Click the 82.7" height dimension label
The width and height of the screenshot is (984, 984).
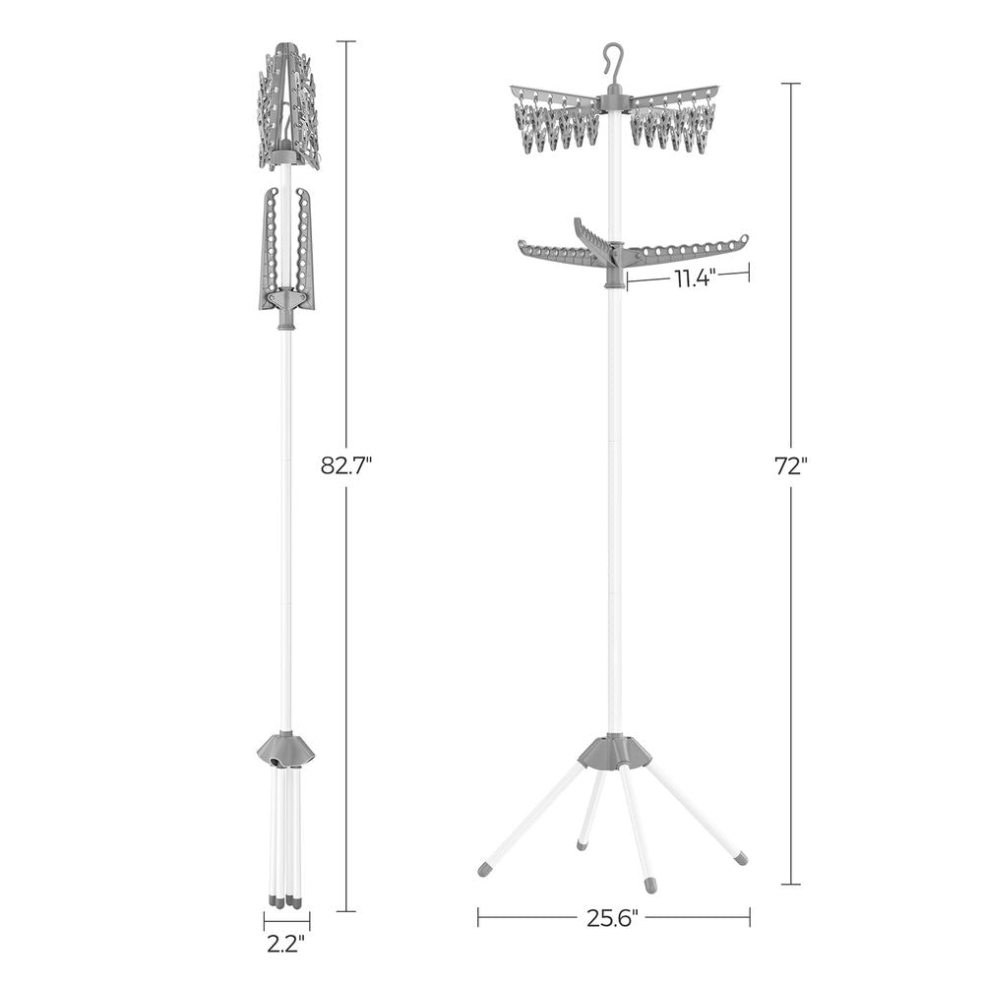tap(345, 465)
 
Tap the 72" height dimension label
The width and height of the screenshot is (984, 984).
tap(791, 467)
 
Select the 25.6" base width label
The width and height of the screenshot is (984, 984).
tap(614, 919)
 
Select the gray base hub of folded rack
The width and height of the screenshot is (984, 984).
tap(285, 751)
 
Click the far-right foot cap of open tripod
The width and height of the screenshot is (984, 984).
tap(739, 858)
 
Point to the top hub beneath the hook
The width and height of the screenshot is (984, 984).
tap(615, 96)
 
